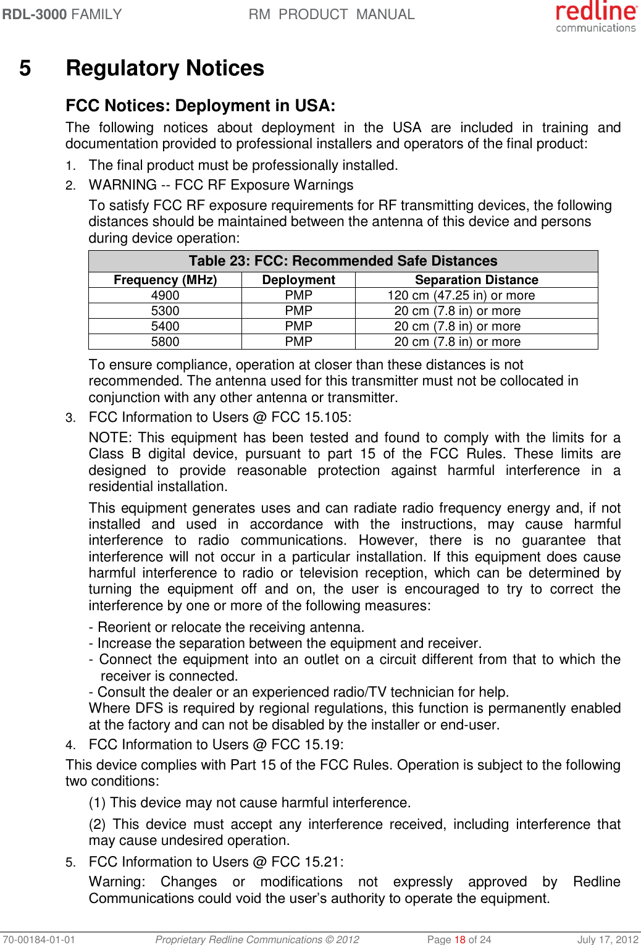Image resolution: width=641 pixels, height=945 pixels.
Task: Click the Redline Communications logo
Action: click(595, 17)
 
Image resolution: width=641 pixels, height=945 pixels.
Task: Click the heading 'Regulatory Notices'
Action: click(165, 68)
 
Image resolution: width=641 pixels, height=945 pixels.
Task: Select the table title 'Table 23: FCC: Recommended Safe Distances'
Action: click(343, 261)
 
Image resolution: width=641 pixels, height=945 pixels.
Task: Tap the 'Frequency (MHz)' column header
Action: click(165, 280)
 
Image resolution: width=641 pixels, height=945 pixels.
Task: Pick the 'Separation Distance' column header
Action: click(476, 280)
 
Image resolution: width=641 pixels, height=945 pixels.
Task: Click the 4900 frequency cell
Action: click(165, 295)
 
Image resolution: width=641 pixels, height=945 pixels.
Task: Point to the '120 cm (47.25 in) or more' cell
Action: click(461, 295)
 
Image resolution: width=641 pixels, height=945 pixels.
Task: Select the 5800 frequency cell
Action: click(165, 342)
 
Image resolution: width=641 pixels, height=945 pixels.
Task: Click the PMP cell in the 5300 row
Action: click(298, 311)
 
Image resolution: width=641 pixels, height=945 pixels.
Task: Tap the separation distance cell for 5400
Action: click(457, 326)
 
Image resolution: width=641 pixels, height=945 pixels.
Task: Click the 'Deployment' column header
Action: click(298, 280)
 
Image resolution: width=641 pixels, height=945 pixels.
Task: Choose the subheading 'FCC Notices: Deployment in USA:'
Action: click(200, 106)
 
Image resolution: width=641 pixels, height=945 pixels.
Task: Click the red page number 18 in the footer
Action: click(459, 939)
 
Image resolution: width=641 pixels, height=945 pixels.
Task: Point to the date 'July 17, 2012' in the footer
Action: click(608, 939)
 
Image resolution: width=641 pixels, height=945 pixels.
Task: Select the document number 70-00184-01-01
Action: click(38, 939)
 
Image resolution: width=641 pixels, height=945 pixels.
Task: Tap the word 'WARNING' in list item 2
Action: click(122, 185)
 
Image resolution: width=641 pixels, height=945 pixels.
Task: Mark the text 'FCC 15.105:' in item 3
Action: click(311, 417)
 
